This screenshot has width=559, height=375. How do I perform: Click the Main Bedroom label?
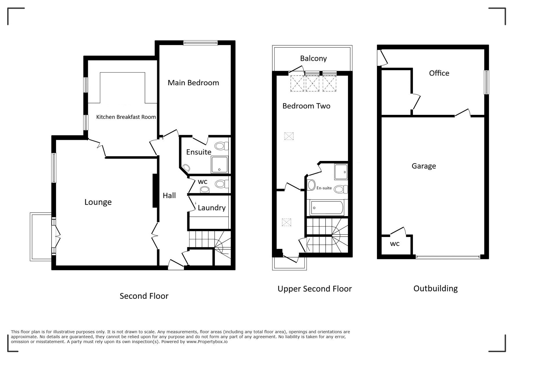[x=193, y=83]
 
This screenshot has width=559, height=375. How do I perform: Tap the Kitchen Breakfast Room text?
[x=126, y=117]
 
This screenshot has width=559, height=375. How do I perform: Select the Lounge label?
[x=98, y=202]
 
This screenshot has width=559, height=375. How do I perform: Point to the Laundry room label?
[x=211, y=208]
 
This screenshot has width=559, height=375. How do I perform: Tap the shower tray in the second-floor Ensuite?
[x=219, y=164]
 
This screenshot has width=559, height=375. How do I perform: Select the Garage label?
[x=424, y=166]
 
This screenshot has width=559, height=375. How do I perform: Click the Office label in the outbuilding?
[x=439, y=73]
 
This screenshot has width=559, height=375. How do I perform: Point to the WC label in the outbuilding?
[x=395, y=244]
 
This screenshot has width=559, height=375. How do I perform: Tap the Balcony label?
[x=313, y=59]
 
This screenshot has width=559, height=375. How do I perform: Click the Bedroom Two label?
[x=306, y=106]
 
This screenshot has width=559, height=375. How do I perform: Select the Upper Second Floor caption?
[x=315, y=289]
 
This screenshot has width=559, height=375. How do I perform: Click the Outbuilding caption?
[x=435, y=288]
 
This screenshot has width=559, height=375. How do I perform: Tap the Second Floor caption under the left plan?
[x=144, y=296]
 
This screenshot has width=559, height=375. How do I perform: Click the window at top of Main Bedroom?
[x=200, y=43]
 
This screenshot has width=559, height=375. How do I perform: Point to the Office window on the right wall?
[x=487, y=82]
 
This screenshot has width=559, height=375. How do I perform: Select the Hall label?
[x=169, y=195]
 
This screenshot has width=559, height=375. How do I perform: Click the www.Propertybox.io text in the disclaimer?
[x=207, y=342]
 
